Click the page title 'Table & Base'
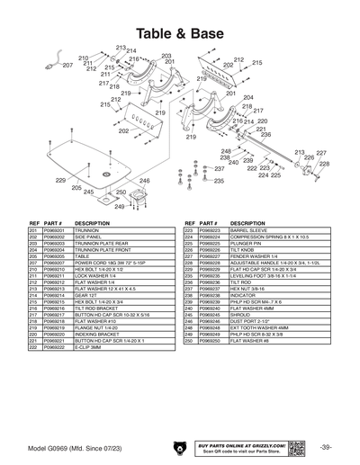180,32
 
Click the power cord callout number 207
67,66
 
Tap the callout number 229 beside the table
60,181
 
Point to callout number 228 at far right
324,164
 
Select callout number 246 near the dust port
143,181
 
